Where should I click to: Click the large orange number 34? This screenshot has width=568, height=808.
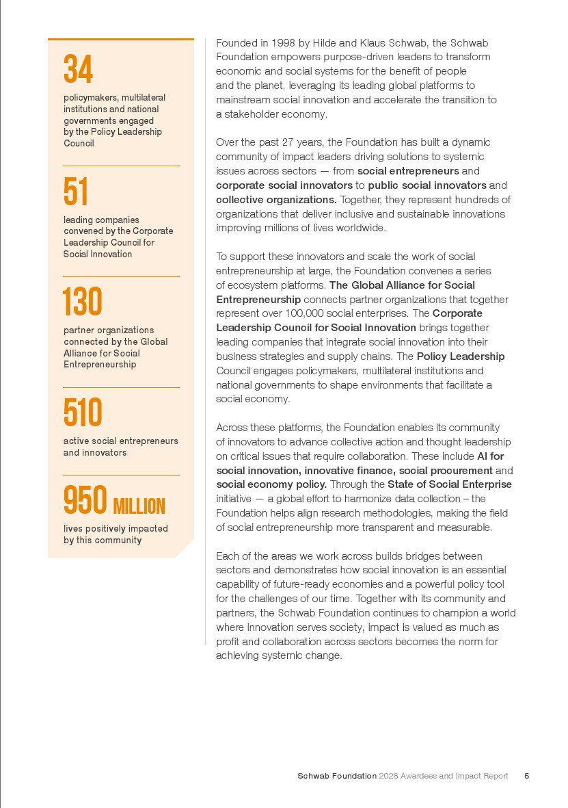[78, 70]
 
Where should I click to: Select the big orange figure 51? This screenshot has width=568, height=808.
[76, 192]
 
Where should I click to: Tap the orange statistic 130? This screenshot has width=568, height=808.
[82, 302]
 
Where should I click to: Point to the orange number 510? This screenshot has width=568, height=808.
[83, 413]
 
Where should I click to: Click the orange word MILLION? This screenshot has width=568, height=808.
[139, 507]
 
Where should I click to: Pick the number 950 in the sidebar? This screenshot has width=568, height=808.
[85, 501]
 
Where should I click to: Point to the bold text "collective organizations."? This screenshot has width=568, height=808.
[276, 200]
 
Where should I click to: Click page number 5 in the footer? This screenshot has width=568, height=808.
[526, 776]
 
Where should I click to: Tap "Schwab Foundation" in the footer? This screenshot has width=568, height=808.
[336, 776]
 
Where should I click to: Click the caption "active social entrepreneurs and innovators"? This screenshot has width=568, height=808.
[120, 447]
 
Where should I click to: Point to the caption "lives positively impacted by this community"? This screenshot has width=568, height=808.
[116, 534]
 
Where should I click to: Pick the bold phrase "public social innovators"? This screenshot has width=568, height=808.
[427, 185]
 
